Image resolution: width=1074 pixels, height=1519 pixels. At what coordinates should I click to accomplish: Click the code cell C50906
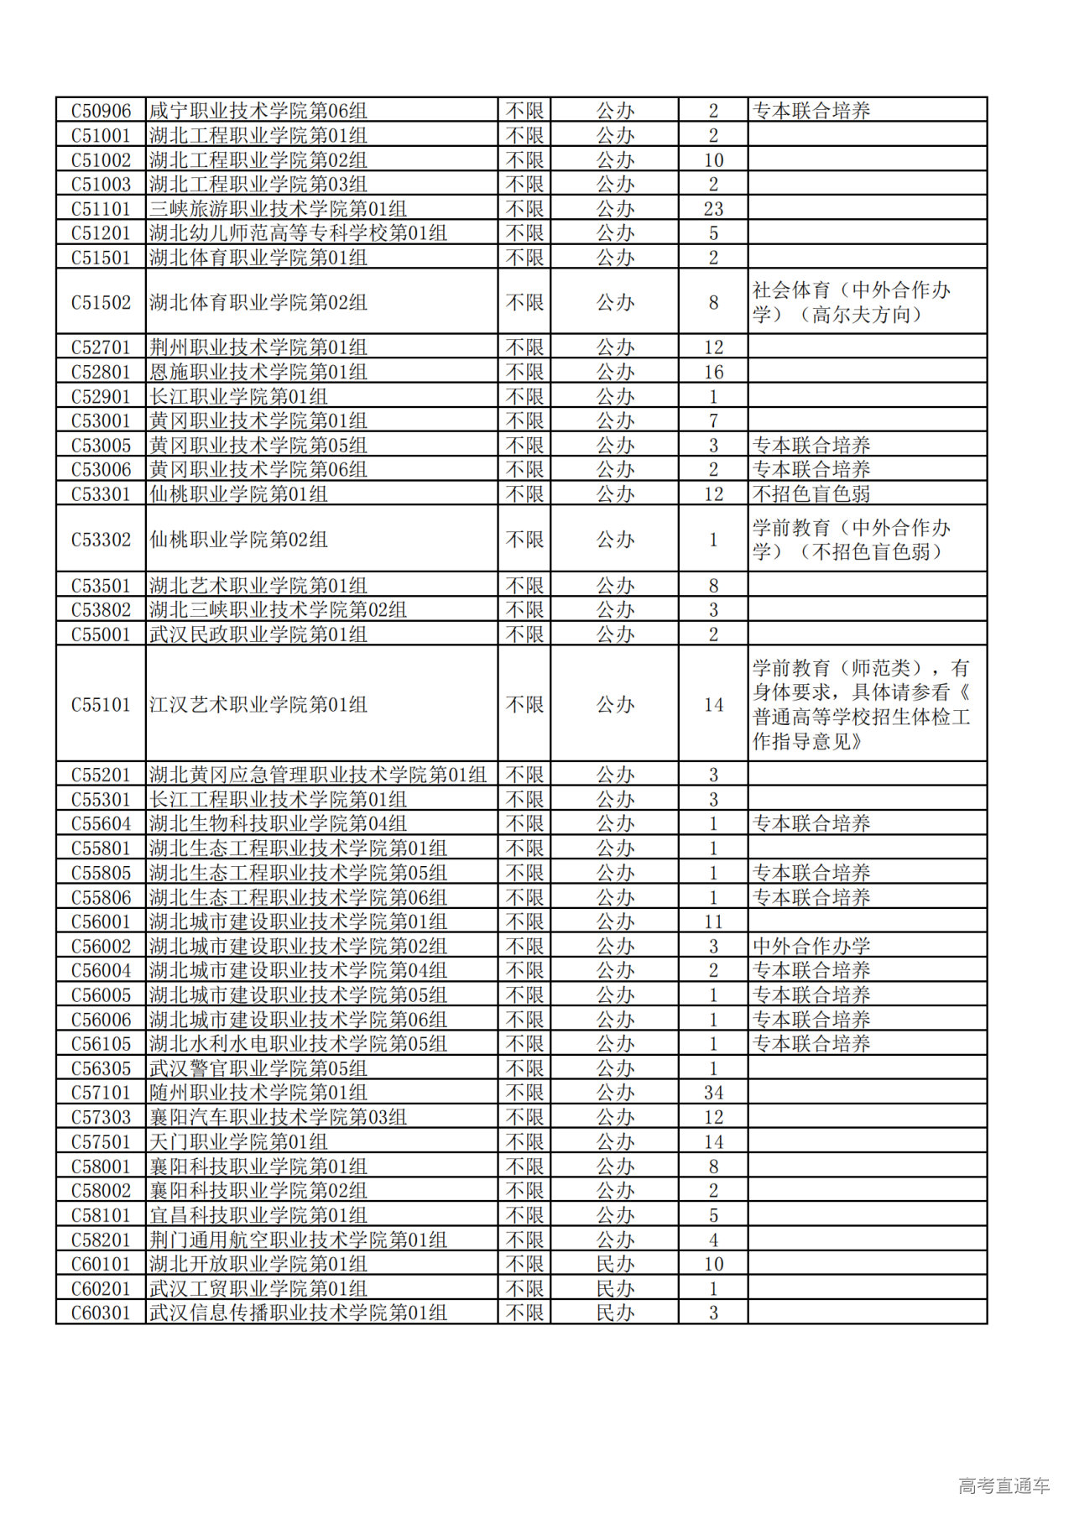pos(101,111)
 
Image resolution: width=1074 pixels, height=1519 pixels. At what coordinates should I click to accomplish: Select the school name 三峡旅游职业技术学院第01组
pos(278,209)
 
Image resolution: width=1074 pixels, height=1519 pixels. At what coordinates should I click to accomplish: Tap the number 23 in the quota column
pos(713,209)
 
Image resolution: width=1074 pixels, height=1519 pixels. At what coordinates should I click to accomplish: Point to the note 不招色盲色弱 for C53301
pos(811,494)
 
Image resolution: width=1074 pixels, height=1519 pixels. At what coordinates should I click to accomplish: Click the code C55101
pos(101,705)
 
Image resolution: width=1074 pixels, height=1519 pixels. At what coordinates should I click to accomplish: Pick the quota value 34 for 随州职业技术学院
pos(713,1093)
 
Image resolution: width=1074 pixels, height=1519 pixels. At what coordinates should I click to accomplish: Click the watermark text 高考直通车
pos(1004,1485)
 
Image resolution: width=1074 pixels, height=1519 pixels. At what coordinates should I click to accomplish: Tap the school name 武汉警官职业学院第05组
pos(258,1068)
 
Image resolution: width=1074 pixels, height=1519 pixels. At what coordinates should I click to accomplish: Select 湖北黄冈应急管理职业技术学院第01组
pos(317,775)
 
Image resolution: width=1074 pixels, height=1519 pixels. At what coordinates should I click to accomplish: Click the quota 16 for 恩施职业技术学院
pos(713,372)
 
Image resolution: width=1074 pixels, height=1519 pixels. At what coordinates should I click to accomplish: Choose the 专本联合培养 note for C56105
pos(811,1044)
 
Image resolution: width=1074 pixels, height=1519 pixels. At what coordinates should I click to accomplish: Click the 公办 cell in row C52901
pos(615,396)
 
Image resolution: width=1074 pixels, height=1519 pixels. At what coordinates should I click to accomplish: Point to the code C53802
pos(101,610)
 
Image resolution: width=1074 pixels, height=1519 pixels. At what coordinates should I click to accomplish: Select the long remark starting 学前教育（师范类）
pos(861,705)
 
